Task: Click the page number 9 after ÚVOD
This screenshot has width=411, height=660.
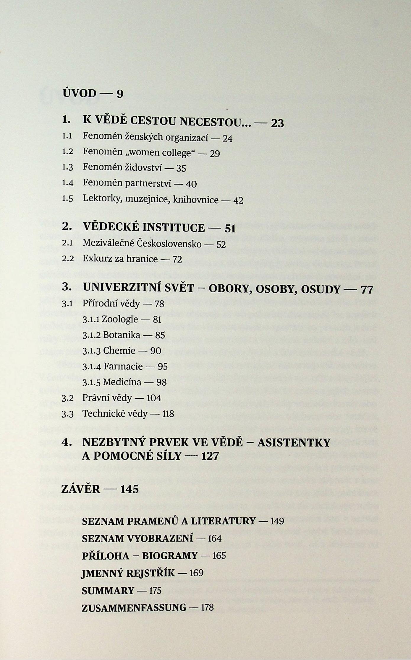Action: coord(120,94)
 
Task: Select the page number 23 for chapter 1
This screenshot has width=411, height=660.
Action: coord(277,123)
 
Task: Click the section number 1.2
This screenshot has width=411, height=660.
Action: coord(67,152)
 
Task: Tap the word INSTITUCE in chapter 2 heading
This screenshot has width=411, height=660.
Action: coord(174,227)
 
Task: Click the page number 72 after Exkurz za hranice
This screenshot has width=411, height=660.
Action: coord(177,260)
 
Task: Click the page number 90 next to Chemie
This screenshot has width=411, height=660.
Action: coord(156,351)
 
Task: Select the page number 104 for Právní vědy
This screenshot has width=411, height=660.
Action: coord(154,398)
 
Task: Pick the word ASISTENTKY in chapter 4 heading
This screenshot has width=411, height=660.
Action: coord(294,442)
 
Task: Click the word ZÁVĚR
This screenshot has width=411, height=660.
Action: coord(81,489)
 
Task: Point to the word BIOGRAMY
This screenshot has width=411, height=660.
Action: coord(170,555)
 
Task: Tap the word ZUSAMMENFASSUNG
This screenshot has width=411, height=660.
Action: coord(134,607)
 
